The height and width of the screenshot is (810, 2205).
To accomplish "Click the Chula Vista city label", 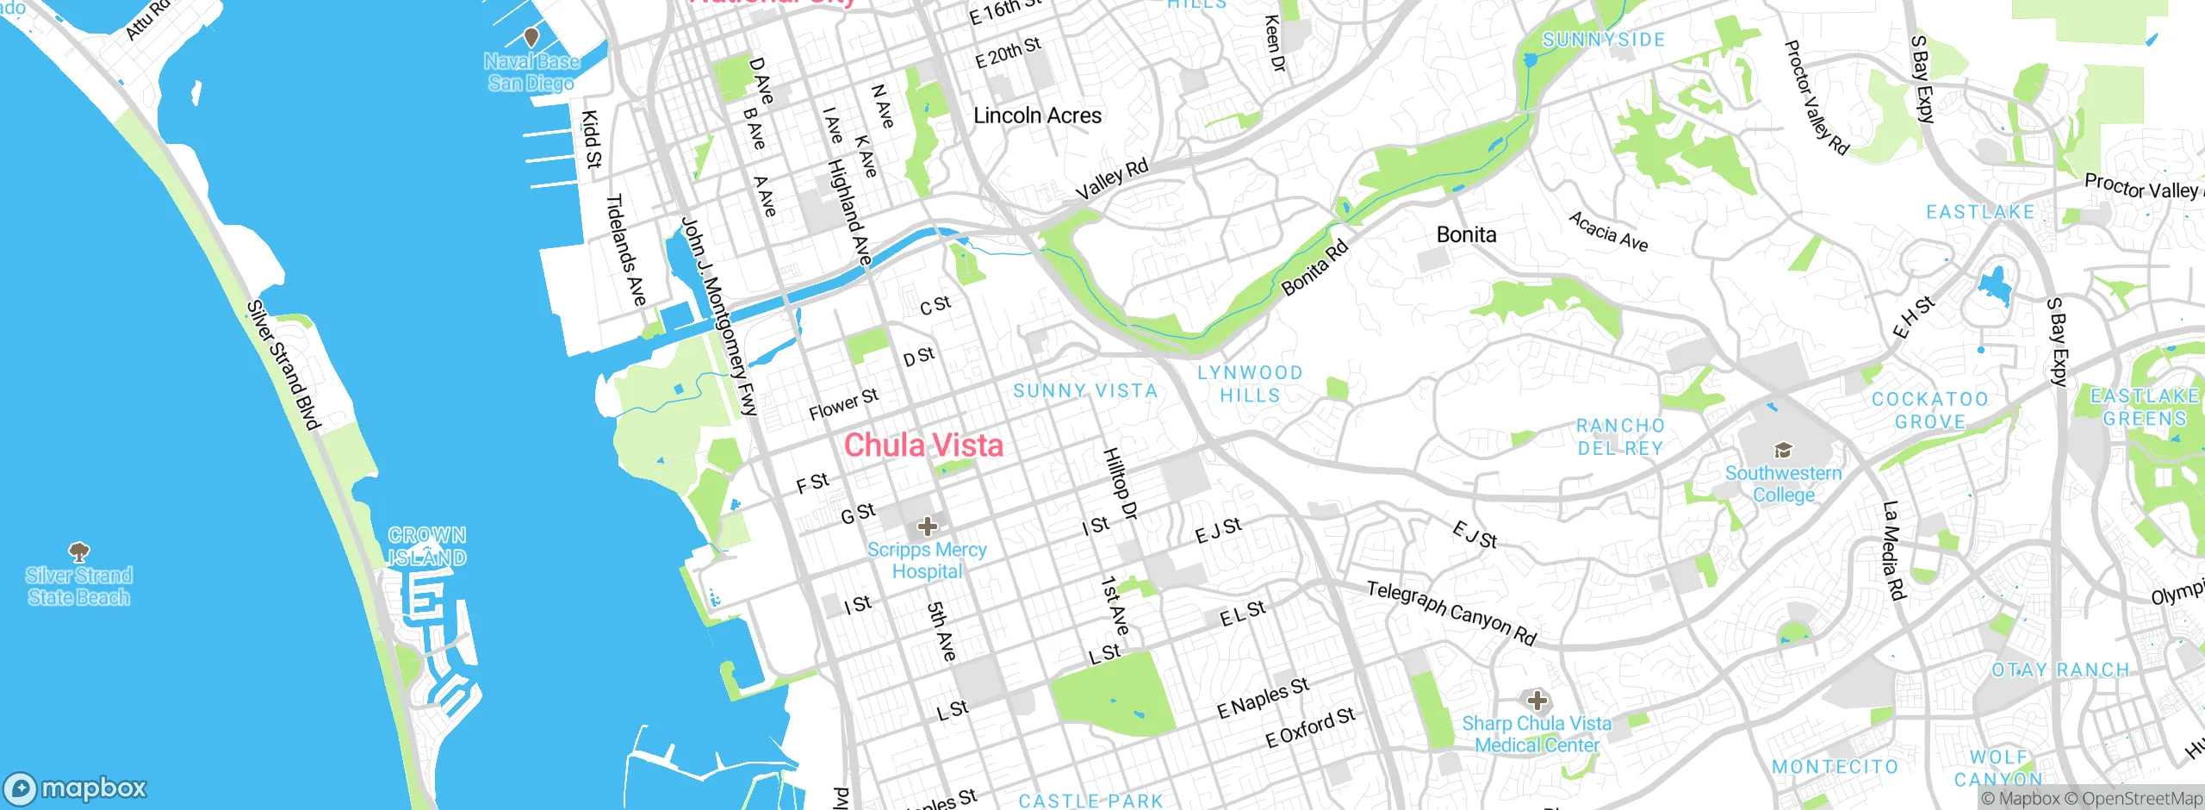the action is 923,445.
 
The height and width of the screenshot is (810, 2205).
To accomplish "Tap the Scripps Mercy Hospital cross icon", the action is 927,526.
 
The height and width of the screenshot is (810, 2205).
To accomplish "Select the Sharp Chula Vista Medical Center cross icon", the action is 1537,701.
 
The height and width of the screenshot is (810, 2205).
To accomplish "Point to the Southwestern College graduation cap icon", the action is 1783,450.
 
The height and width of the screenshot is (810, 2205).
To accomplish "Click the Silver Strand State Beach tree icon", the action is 78,551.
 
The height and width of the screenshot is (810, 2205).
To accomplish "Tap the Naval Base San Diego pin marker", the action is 531,37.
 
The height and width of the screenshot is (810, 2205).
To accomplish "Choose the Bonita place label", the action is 1466,234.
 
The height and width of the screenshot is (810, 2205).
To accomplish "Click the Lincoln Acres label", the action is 1037,115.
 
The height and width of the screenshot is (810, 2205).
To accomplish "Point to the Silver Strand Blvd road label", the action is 283,364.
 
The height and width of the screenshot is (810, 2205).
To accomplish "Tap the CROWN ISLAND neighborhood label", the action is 427,546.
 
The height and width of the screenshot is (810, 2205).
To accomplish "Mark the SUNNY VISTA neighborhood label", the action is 1084,391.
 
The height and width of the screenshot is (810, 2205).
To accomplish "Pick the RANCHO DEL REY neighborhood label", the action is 1620,437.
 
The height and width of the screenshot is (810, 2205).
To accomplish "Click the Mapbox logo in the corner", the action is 76,788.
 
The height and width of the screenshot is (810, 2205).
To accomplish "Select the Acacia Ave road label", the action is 1608,232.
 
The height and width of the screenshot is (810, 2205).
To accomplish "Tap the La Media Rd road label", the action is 1893,550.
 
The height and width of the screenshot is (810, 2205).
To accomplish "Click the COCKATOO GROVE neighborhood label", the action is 1929,410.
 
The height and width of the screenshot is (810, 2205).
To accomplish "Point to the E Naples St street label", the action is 1263,698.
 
